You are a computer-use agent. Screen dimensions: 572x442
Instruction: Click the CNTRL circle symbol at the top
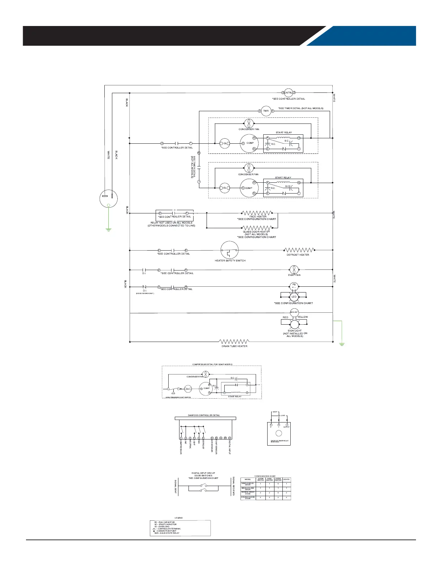[288, 93]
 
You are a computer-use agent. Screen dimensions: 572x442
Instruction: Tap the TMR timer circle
[266, 111]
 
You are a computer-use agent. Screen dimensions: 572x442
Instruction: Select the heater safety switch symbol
[230, 250]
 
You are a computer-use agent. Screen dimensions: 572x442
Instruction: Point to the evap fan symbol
[294, 269]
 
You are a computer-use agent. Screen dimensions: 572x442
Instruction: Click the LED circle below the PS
[294, 297]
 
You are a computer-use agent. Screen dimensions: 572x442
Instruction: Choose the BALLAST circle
[294, 312]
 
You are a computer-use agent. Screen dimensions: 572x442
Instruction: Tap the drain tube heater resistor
[235, 342]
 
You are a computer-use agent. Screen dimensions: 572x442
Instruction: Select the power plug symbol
[109, 198]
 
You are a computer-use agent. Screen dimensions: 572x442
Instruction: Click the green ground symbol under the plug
[108, 229]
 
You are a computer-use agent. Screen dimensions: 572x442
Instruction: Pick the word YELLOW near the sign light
[303, 317]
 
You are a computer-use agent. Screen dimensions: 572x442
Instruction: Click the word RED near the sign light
[285, 317]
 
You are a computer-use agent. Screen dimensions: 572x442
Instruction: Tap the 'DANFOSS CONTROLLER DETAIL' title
[204, 415]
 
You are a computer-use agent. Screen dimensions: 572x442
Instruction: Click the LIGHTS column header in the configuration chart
[286, 480]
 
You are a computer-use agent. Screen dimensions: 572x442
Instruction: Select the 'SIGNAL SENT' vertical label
[175, 488]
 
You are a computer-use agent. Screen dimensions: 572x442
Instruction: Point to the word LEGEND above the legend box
[179, 518]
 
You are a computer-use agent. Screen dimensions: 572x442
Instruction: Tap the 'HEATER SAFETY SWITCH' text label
[230, 261]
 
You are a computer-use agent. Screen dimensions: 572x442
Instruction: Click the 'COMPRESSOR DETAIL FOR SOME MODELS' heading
[212, 364]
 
